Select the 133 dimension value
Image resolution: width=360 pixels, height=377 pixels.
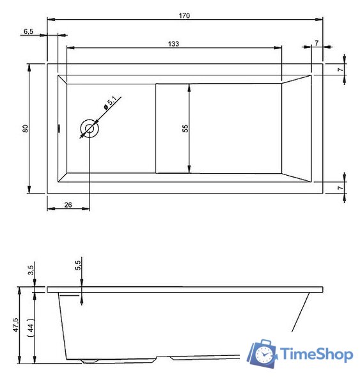pyautogui.click(x=173, y=43)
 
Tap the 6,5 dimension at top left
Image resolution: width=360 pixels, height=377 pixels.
pyautogui.click(x=29, y=30)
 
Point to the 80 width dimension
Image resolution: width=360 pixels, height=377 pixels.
pyautogui.click(x=25, y=128)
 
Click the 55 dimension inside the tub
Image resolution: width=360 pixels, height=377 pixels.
pyautogui.click(x=185, y=128)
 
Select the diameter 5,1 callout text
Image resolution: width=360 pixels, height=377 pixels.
pyautogui.click(x=111, y=101)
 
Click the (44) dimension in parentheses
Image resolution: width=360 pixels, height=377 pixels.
pyautogui.click(x=30, y=328)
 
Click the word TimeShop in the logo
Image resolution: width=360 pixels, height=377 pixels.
pyautogui.click(x=317, y=355)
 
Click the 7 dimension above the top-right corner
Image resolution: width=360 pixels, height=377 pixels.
pyautogui.click(x=317, y=43)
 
